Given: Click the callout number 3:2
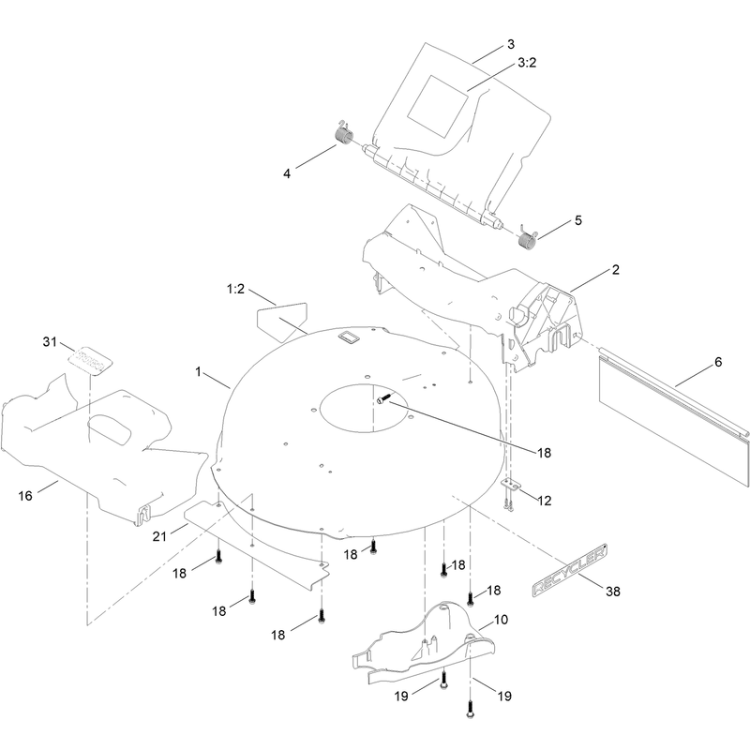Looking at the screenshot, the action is [527, 63].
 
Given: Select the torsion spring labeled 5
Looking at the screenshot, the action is [528, 238].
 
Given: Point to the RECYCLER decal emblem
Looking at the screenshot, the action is [570, 570].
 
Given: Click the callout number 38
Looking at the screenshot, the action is [613, 592].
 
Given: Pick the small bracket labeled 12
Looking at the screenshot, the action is [511, 485].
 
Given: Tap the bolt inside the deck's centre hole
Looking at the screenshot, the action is [384, 397].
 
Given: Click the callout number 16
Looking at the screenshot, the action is [25, 496].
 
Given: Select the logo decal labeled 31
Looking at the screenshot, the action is [90, 361].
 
